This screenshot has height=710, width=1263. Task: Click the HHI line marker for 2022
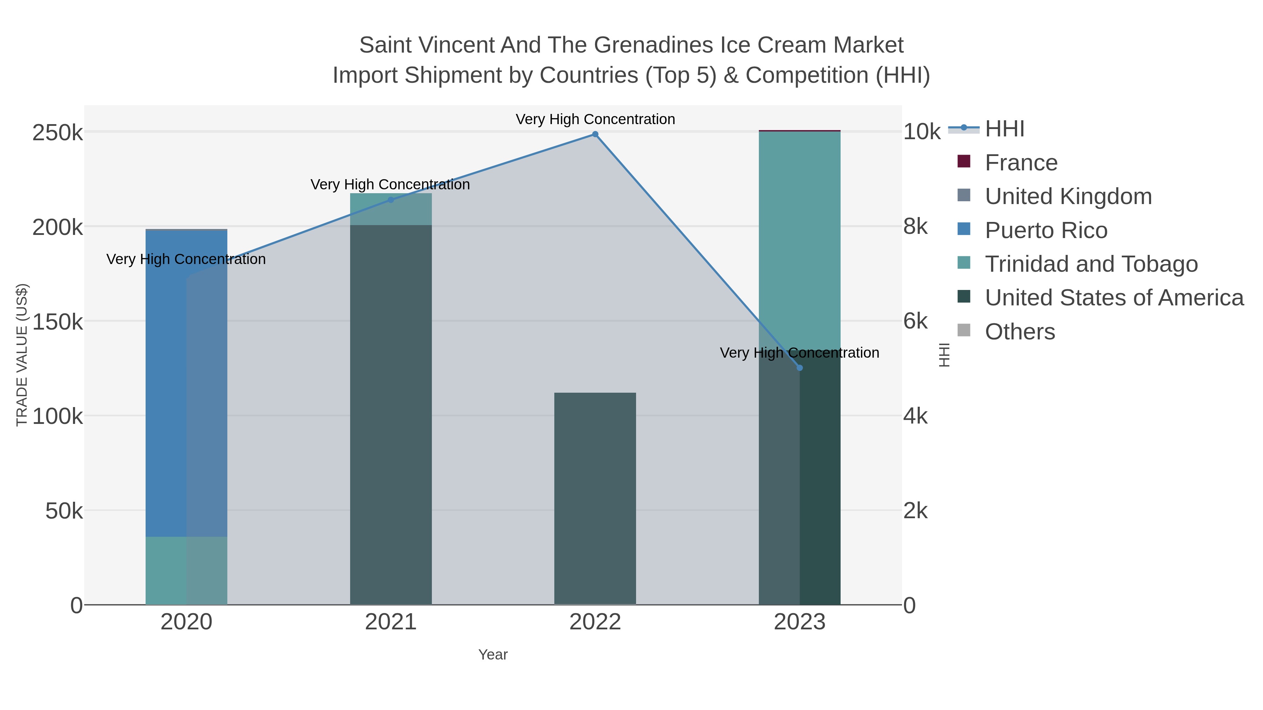pyautogui.click(x=595, y=134)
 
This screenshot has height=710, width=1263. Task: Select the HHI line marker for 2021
pyautogui.click(x=391, y=200)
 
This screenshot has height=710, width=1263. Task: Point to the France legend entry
pyautogui.click(x=1021, y=163)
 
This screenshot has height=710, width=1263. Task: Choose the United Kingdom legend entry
pyautogui.click(x=1068, y=196)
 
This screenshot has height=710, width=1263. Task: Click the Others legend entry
pyautogui.click(x=1020, y=332)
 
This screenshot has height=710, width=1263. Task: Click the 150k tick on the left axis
pyautogui.click(x=58, y=322)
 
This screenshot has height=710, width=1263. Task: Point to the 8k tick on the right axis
pyautogui.click(x=915, y=227)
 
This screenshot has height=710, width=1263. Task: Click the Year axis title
pyautogui.click(x=493, y=655)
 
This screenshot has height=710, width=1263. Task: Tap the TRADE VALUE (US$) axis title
pyautogui.click(x=22, y=355)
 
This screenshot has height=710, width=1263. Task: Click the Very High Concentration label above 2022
pyautogui.click(x=595, y=119)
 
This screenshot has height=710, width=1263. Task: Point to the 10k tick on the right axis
pyautogui.click(x=921, y=132)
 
